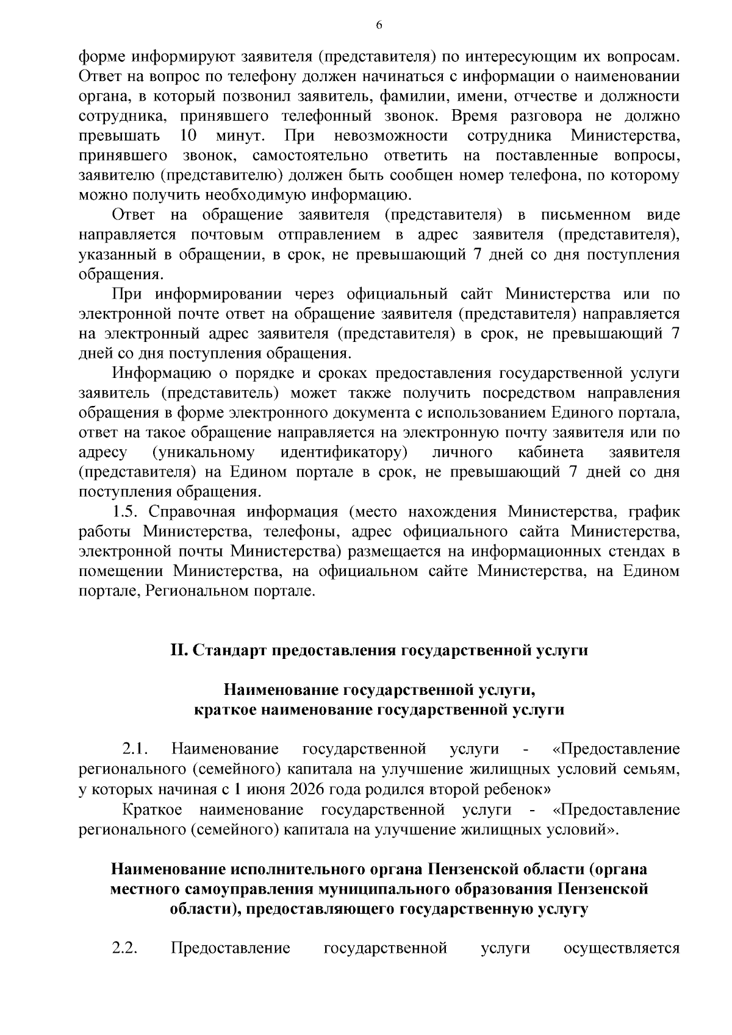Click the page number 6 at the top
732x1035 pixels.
[x=379, y=25]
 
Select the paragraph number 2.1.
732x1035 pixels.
[x=137, y=749]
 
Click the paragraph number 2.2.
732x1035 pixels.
[x=126, y=949]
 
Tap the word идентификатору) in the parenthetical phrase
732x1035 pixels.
[x=343, y=452]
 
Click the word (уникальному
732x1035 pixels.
[x=203, y=452]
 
